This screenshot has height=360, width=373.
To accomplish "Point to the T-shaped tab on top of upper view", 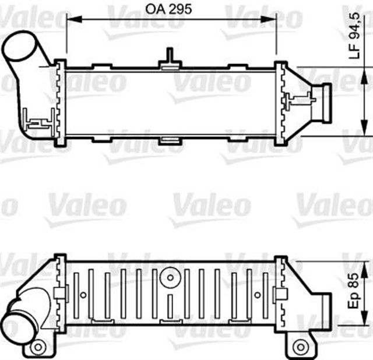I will tap(170, 59).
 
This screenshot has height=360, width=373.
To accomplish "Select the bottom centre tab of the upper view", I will tap(170, 140).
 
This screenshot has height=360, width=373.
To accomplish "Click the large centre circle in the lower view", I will tap(170, 277).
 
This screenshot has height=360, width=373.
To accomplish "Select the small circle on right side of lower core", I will tap(257, 294).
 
